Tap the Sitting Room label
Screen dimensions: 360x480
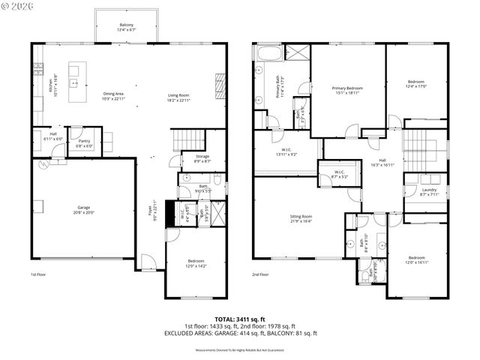click(301, 218)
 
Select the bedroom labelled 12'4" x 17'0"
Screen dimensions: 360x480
click(416, 84)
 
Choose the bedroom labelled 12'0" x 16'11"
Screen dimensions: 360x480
click(416, 259)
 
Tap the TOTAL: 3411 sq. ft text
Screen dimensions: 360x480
click(240, 319)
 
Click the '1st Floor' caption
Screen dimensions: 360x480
click(39, 274)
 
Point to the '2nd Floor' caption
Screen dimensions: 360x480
click(260, 274)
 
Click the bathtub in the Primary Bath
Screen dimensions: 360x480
click(268, 52)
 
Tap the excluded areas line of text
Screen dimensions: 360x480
click(240, 333)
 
